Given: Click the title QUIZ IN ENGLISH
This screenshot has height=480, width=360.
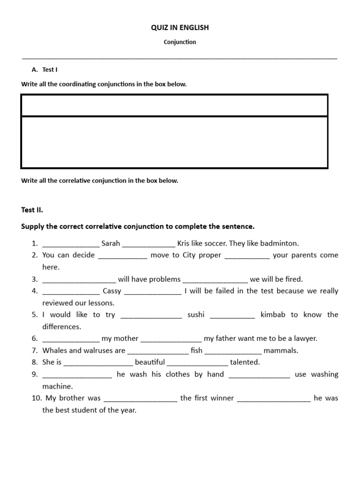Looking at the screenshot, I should pos(180,28).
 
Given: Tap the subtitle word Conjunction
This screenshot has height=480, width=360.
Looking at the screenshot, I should pos(180,42).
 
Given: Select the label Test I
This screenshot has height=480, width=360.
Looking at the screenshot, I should pos(50,69).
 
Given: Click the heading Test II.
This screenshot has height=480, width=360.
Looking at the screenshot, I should pos(32,210).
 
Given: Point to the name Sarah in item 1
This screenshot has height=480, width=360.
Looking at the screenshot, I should pos(111,244).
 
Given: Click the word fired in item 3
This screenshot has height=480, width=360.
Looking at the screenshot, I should pos(293,279).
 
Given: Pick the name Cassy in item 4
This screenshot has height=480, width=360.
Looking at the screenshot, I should pos(112,291).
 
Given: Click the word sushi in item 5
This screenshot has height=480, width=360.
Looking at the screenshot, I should pos(196,315).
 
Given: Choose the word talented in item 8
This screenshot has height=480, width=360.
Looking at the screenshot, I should pos(245,362).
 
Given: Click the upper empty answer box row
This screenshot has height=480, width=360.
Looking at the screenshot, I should pos(174,105).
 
